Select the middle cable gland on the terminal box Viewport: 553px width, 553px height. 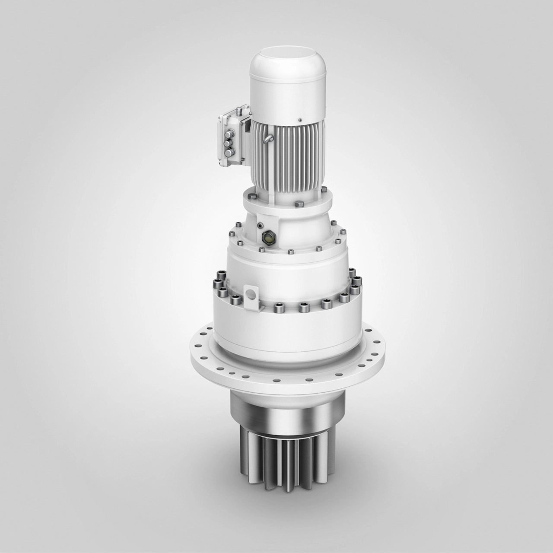click(228, 143)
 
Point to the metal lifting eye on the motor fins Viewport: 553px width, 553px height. click(269, 138)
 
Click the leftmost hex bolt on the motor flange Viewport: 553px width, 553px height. click(252, 196)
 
